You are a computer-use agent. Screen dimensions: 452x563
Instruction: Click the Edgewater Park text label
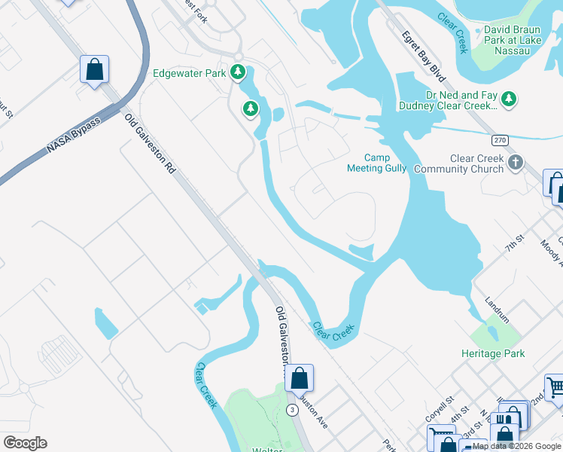pos(190,73)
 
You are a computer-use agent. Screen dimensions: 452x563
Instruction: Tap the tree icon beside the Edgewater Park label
pos(239,72)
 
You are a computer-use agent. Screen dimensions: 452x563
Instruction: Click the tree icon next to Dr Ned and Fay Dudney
pos(510,98)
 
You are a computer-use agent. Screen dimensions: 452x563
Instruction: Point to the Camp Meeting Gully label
pos(376,163)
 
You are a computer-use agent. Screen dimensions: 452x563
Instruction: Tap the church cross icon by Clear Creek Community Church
pos(516,162)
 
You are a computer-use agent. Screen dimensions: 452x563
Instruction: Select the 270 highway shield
pos(500,141)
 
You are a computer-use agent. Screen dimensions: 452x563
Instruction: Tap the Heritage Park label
pos(493,353)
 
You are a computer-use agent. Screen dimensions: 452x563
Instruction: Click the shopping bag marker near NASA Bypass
pos(95,69)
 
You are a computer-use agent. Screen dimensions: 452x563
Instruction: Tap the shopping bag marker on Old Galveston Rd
pos(299,377)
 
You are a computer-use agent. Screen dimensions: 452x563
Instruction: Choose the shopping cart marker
pos(555,388)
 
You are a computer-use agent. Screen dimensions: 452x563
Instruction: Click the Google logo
pos(25,443)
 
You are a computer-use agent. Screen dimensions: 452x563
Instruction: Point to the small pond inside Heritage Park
pos(493,331)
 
